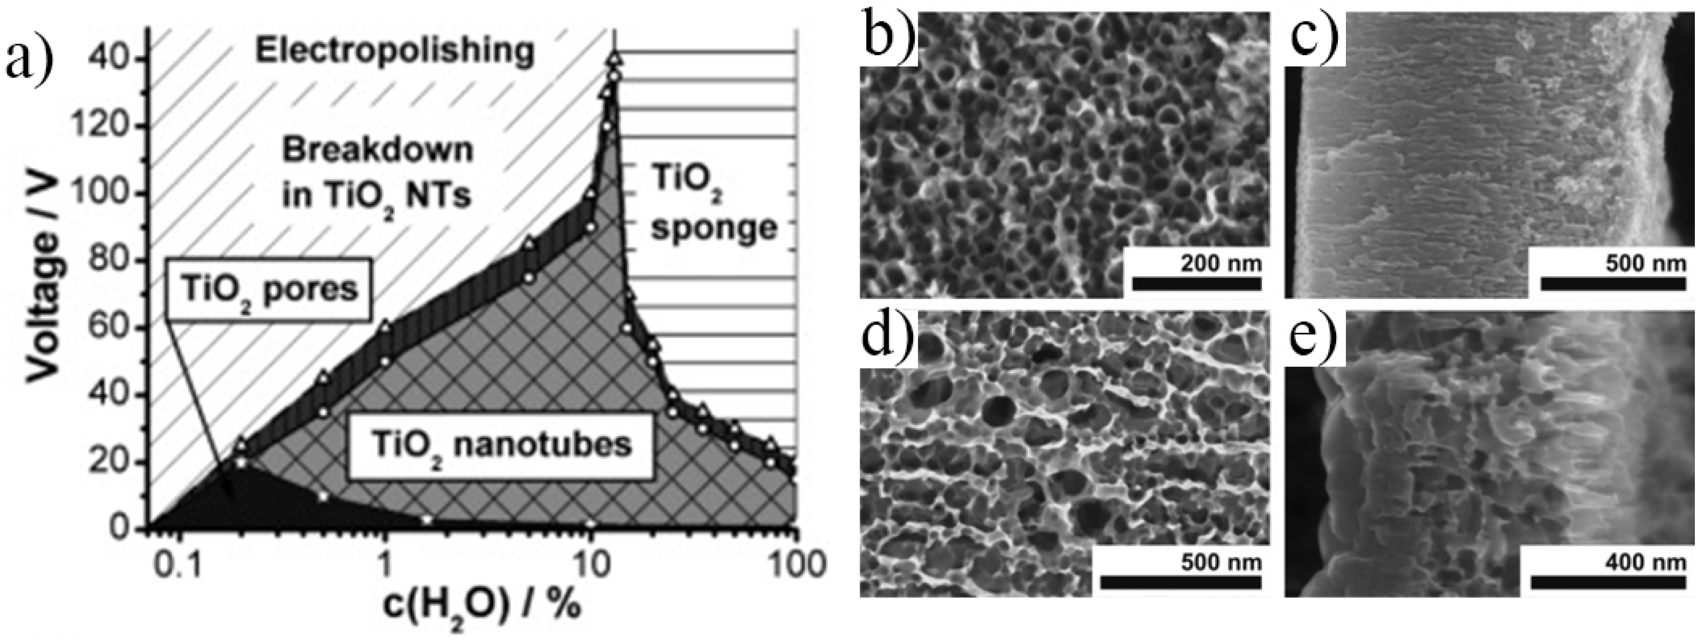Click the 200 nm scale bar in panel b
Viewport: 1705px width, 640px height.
(1197, 283)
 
